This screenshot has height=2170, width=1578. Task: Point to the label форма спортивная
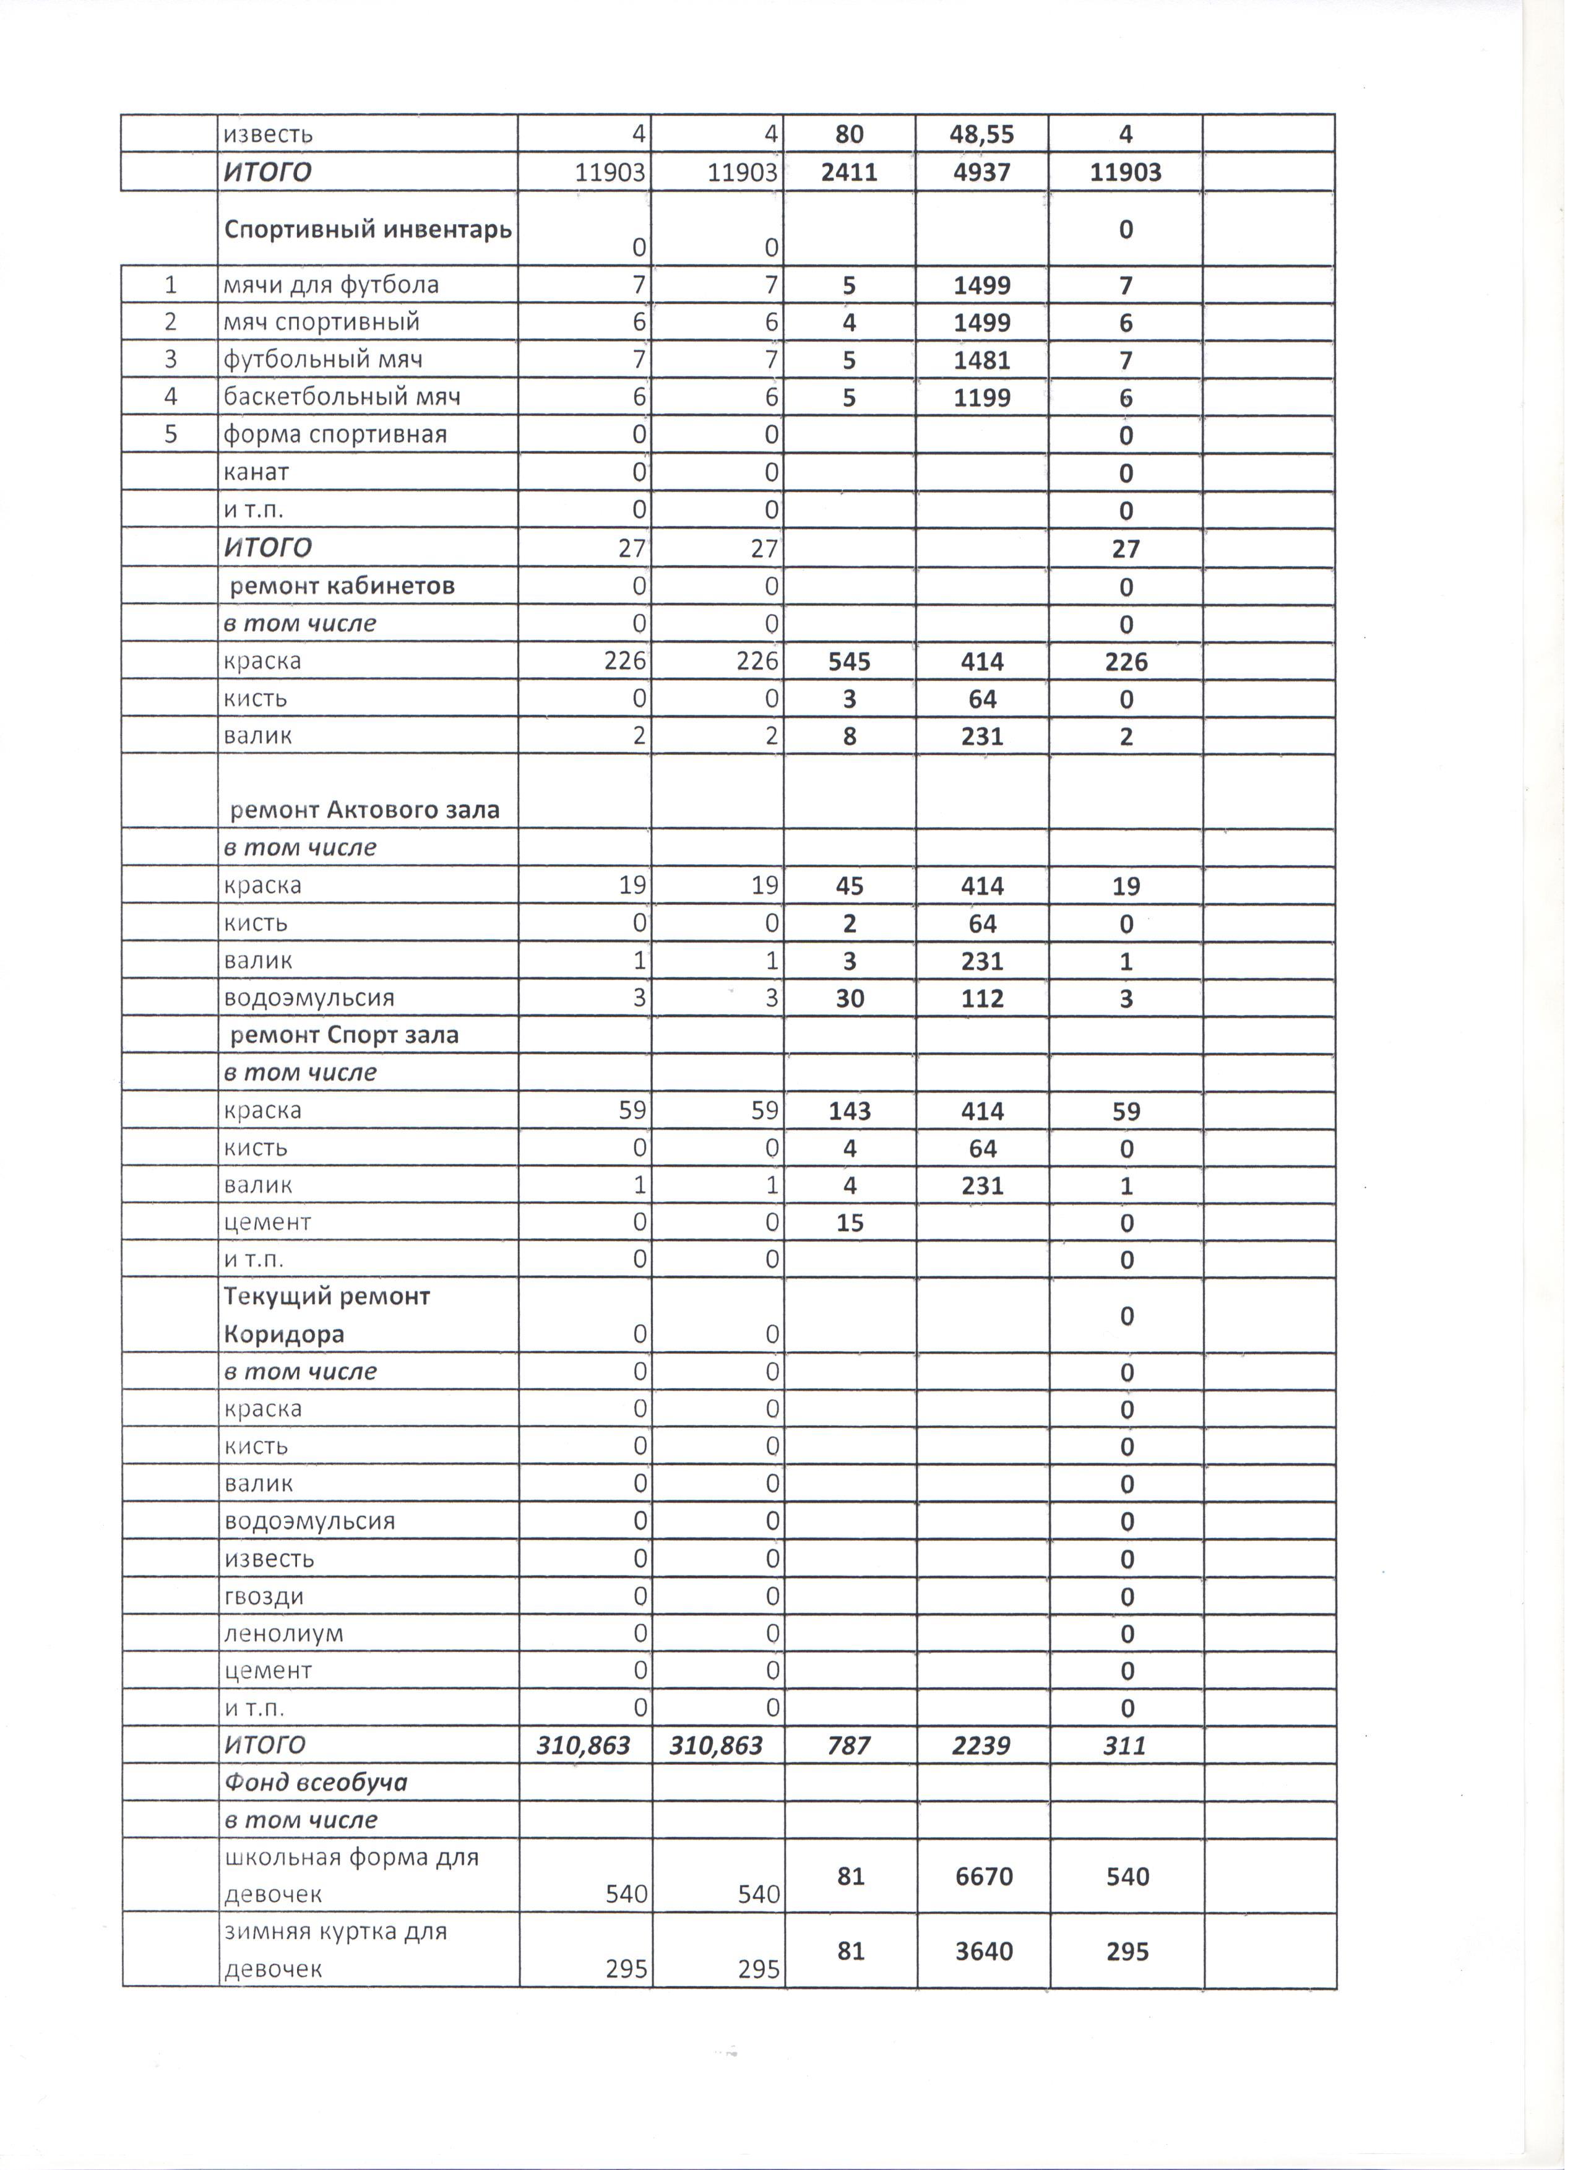point(335,434)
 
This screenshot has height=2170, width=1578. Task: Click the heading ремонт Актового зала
point(364,810)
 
